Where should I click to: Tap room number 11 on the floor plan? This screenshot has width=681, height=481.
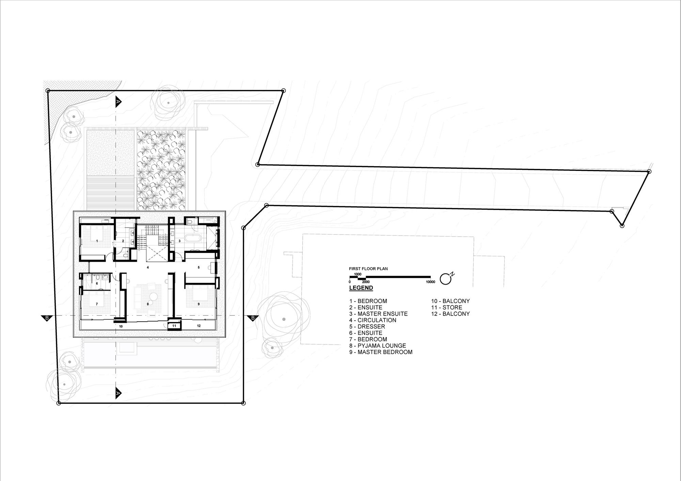(174, 326)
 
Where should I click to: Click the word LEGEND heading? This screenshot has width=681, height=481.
(361, 288)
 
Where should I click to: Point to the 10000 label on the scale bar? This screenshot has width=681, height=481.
(430, 282)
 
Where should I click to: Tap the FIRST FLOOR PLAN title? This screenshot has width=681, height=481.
(368, 269)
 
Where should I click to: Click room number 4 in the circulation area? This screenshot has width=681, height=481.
(148, 268)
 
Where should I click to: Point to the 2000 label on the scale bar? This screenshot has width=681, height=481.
(365, 282)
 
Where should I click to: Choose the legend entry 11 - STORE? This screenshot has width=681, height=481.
(447, 307)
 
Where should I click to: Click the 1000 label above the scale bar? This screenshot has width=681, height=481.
(358, 274)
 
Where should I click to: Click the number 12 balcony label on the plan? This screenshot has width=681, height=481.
(199, 326)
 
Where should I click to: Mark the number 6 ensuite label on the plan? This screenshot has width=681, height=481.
(97, 283)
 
